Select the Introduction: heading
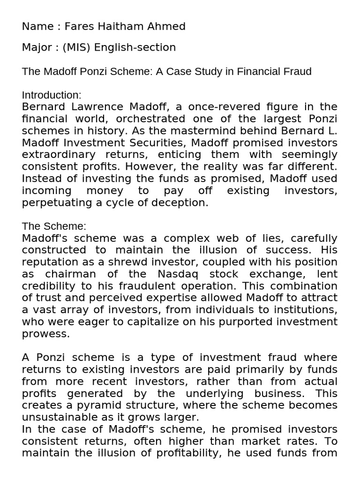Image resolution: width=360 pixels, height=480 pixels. pos(52,95)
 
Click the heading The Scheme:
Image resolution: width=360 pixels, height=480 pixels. pos(54,226)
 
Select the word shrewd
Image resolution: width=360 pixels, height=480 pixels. pos(133,262)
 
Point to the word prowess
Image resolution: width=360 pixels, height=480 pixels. pos(45,334)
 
